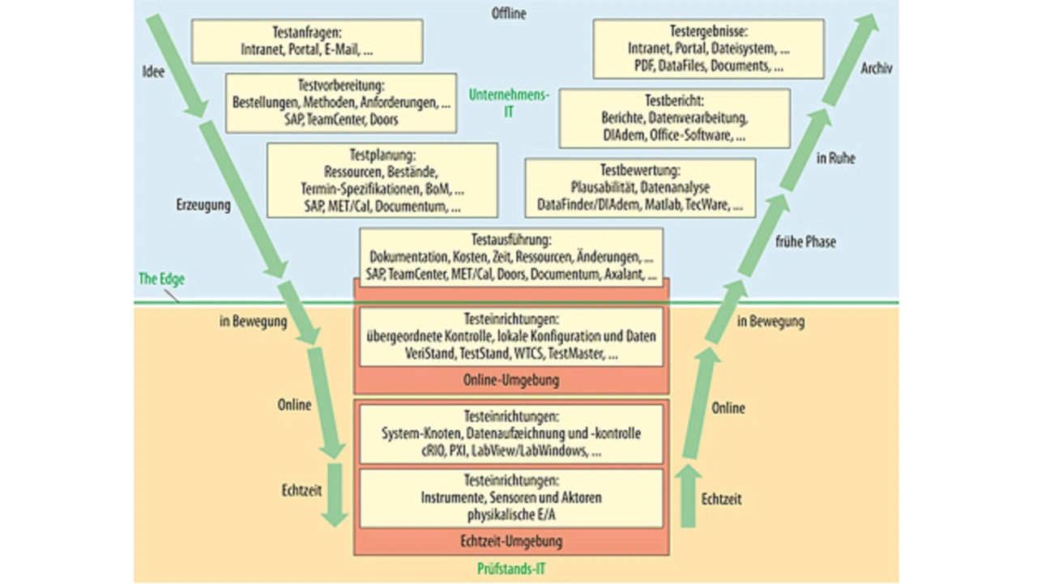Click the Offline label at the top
point(509,14)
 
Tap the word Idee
point(152,71)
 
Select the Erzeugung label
point(203,205)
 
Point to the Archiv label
point(877,69)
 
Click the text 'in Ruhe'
point(835,159)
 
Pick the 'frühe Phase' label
point(805,241)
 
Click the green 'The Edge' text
point(162,279)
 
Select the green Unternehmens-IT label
point(509,103)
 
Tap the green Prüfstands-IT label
point(511,569)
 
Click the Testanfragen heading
point(307,33)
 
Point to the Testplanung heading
point(382,155)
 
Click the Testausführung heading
point(510,241)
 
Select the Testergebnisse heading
point(708,33)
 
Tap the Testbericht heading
point(674,101)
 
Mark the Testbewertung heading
point(640,171)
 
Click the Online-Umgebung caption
point(511,380)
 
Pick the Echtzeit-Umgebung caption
point(511,541)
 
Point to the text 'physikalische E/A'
point(511,514)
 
